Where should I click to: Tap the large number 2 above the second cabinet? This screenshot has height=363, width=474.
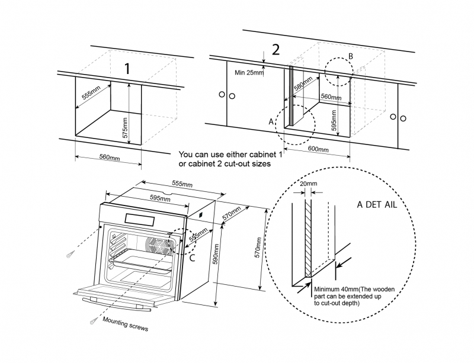point(275,49)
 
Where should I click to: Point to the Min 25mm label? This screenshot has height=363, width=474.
point(249,73)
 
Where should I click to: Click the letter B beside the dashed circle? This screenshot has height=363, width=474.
point(350,56)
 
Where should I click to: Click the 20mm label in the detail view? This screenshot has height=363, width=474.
point(308,184)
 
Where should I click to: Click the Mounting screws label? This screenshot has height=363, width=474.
point(126,323)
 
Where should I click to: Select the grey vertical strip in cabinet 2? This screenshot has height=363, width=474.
point(291,95)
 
